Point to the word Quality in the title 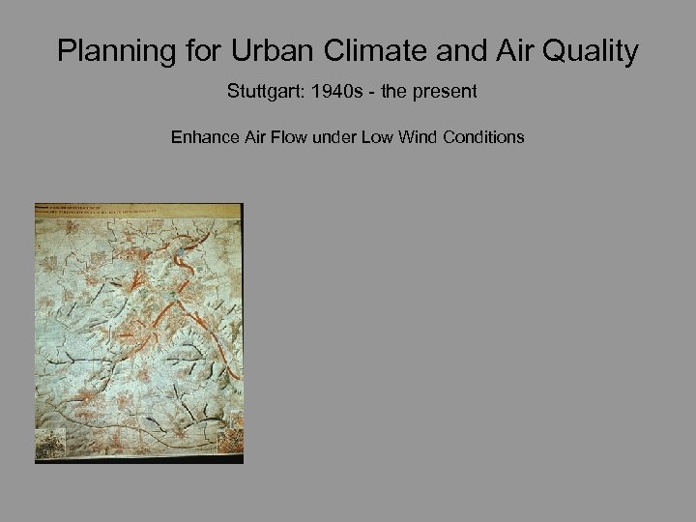click(x=589, y=51)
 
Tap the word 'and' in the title click(x=454, y=51)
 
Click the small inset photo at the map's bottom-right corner click(x=229, y=440)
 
